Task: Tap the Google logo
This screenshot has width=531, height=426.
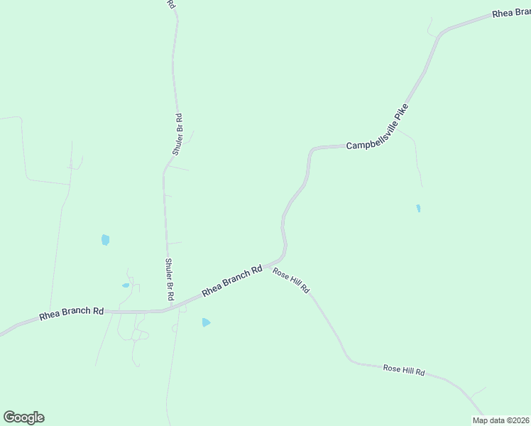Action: pos(23,417)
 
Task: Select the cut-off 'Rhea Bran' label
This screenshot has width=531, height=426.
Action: pos(512,14)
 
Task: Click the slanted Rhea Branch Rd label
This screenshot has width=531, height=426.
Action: pos(232,280)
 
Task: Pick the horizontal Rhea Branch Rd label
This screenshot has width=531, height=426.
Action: pos(72,312)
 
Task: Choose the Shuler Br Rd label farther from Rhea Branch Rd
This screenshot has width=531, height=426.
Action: pos(178,134)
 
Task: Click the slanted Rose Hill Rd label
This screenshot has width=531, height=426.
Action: pos(292,281)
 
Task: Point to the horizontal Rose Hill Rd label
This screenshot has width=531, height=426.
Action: pos(403,370)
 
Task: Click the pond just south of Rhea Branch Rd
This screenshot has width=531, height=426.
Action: pos(206,322)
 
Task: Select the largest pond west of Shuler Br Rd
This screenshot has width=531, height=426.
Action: pos(105,240)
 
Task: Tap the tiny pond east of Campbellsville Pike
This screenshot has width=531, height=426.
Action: pos(418,209)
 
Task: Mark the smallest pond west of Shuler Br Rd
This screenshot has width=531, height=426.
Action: pos(126,285)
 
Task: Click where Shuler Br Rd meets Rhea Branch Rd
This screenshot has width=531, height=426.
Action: pos(169,310)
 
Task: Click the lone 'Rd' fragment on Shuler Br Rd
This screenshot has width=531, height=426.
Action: pos(172,4)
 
